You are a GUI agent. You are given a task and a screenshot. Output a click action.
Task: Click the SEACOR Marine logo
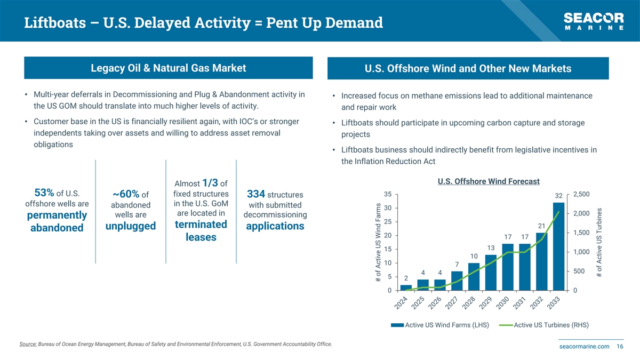pyautogui.click(x=594, y=21)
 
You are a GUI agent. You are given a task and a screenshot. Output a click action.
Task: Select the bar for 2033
pyautogui.click(x=558, y=246)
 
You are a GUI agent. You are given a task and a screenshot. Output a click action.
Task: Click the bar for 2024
pyautogui.click(x=406, y=287)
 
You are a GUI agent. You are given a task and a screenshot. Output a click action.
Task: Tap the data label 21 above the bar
pyautogui.click(x=542, y=226)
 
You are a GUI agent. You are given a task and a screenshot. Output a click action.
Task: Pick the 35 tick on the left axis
pyautogui.click(x=388, y=194)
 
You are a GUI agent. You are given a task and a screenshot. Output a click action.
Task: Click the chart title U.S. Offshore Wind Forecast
pyautogui.click(x=488, y=181)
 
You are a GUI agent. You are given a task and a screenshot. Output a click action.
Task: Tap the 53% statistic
pyautogui.click(x=44, y=192)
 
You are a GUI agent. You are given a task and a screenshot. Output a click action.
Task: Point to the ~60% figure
pyautogui.click(x=126, y=194)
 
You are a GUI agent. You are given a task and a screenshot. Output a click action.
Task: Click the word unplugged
pyautogui.click(x=131, y=226)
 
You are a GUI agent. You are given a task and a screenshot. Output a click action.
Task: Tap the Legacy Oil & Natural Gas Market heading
pyautogui.click(x=169, y=68)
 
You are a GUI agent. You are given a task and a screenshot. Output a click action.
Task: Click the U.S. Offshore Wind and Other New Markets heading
pyautogui.click(x=468, y=69)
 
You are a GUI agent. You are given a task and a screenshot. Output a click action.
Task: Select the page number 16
pyautogui.click(x=620, y=347)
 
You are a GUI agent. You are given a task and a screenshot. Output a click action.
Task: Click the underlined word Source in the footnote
pyautogui.click(x=28, y=344)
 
